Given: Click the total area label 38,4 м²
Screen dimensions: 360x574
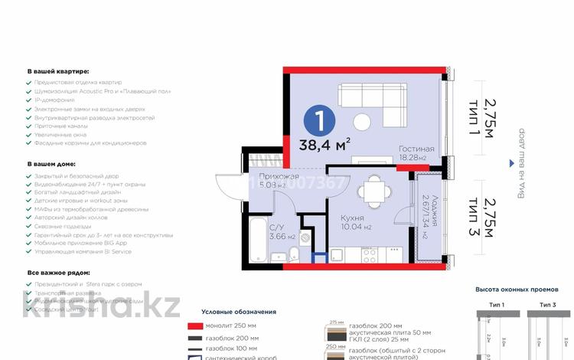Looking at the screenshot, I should [x=330, y=143].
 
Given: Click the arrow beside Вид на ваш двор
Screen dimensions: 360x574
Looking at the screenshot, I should [x=512, y=162].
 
